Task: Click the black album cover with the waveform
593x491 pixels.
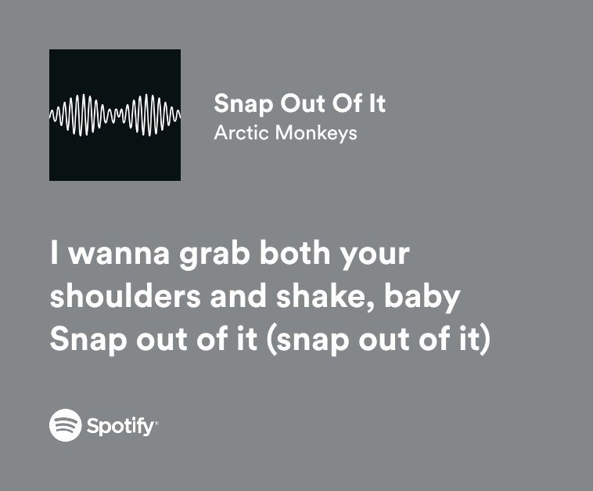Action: coord(114,115)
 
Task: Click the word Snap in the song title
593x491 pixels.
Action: coord(239,103)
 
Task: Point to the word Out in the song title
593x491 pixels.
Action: coord(299,103)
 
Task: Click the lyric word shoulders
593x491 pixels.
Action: coord(128,298)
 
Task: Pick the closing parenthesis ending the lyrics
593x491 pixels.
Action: coord(485,342)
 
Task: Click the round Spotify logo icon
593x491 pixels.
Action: coord(66,426)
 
